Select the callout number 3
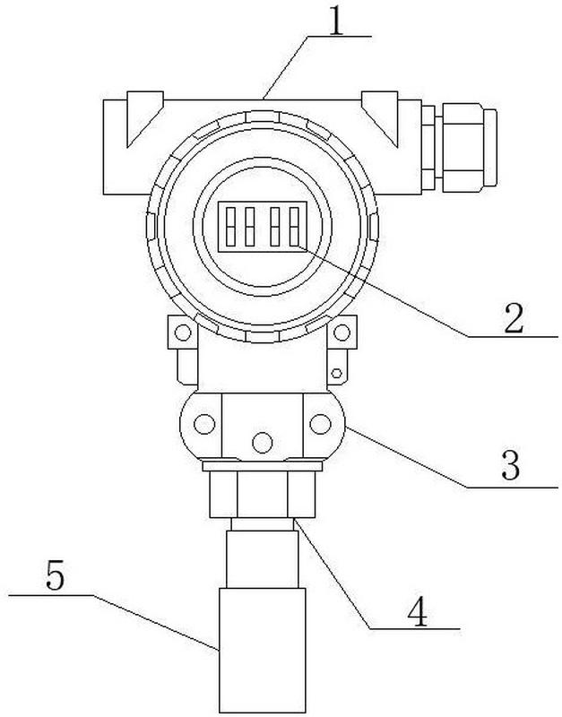512,467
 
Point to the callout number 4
416,611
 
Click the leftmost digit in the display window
230,227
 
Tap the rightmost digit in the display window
290,227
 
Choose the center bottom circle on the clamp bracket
263,441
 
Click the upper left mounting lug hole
182,334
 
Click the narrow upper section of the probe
261,556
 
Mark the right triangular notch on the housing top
383,117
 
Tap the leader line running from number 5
152,618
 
